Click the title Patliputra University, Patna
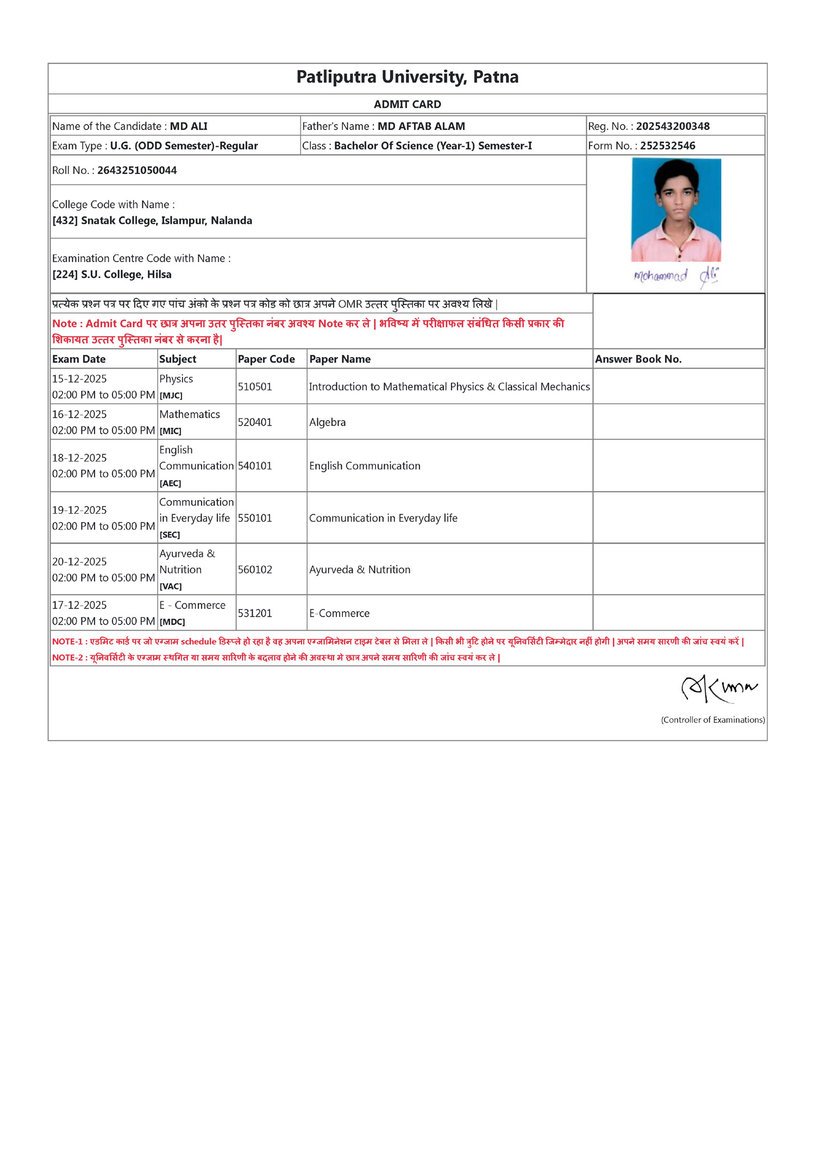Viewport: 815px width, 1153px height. click(x=407, y=77)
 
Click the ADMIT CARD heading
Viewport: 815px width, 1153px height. click(x=407, y=104)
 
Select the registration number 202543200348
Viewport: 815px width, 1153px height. click(x=673, y=126)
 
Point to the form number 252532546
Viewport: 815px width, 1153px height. click(x=667, y=146)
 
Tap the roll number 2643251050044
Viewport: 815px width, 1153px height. click(x=137, y=170)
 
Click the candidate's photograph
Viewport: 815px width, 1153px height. click(x=676, y=209)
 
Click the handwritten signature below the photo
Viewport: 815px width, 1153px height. click(x=676, y=276)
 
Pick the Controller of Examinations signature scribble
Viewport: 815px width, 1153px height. click(x=718, y=689)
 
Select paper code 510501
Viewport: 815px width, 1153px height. click(x=255, y=387)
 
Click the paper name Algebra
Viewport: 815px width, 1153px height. click(x=327, y=422)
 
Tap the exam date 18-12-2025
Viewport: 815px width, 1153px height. click(x=79, y=458)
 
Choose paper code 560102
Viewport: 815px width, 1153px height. click(x=255, y=570)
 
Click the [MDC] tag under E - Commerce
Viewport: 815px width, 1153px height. click(x=172, y=622)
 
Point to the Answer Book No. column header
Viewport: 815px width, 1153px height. click(x=638, y=359)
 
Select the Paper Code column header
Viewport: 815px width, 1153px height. click(x=266, y=359)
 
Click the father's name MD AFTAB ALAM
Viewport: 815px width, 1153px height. click(x=421, y=126)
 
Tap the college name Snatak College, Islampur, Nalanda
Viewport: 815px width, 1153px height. click(x=166, y=221)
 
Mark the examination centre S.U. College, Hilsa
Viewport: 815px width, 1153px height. click(x=126, y=275)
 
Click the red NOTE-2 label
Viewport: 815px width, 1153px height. click(x=67, y=658)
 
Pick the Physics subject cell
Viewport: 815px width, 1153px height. click(x=176, y=379)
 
